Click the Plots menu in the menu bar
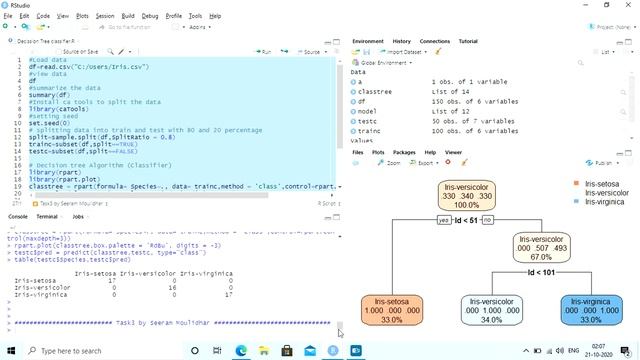[x=82, y=16]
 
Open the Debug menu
[x=150, y=16]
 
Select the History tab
[x=401, y=41]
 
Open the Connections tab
[x=434, y=41]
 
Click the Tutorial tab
[x=468, y=41]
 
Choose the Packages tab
[x=404, y=152]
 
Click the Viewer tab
[x=453, y=152]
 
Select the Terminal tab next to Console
[x=47, y=216]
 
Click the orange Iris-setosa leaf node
[x=392, y=309]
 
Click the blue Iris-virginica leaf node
[x=591, y=309]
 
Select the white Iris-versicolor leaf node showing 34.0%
[x=491, y=309]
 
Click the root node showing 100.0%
[x=467, y=194]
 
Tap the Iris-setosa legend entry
[x=604, y=183]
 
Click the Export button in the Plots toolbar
[x=426, y=162]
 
